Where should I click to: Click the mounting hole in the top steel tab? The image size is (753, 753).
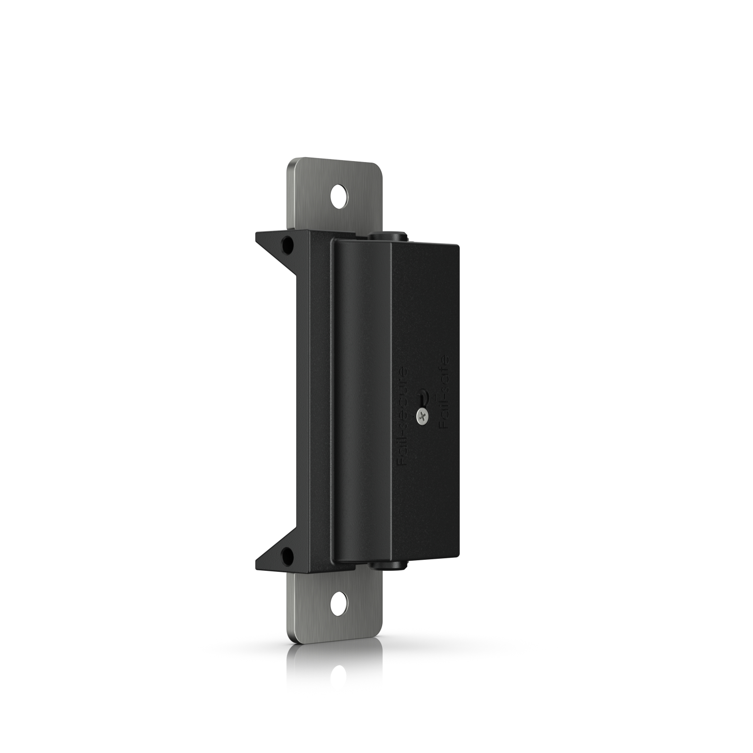[340, 197]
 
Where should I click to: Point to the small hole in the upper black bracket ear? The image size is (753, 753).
[288, 246]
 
